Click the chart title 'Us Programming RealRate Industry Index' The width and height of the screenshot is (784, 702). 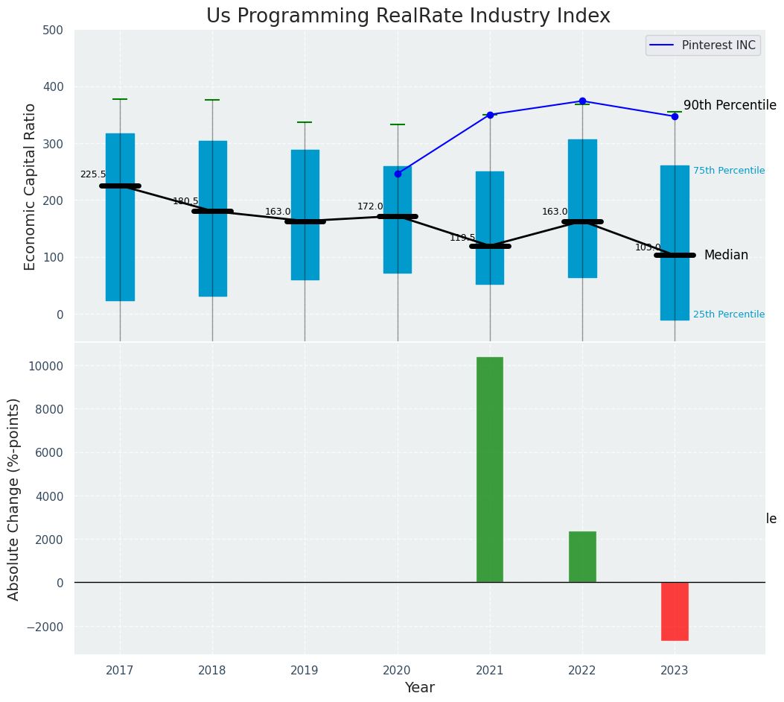[408, 16]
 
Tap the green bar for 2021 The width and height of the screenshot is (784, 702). [490, 469]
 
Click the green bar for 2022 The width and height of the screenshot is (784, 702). [582, 557]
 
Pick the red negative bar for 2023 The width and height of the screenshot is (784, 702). [675, 611]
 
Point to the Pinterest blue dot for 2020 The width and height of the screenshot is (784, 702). [398, 174]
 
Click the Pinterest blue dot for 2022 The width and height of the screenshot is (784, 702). [582, 101]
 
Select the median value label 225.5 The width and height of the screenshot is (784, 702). [93, 174]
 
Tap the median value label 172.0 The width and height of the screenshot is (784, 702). [370, 206]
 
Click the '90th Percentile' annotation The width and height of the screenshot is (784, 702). [730, 106]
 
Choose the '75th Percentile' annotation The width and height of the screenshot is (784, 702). [728, 171]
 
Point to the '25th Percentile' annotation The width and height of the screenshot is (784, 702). [728, 314]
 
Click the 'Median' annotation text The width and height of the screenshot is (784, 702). [726, 255]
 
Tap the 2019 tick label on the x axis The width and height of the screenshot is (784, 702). [305, 671]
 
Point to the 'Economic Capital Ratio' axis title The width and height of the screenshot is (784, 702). [31, 186]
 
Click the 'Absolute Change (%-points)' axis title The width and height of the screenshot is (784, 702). [14, 499]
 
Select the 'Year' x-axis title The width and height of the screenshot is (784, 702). [420, 688]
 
